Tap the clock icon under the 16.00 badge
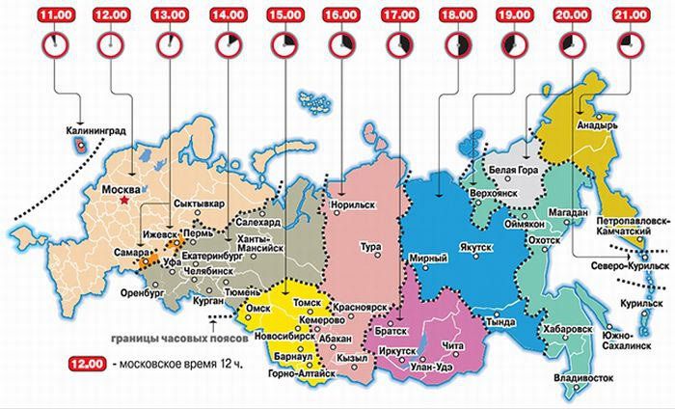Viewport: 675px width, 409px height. click(343, 44)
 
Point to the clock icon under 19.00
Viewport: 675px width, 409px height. click(515, 44)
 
